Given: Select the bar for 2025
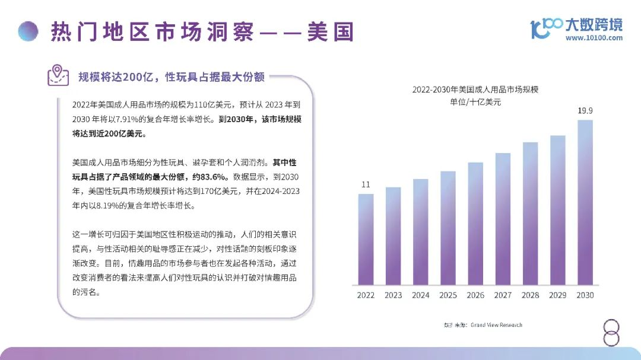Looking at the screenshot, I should coord(448,228).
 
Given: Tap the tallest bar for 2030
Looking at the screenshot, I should coord(585,202).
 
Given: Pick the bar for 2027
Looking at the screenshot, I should coord(503,219).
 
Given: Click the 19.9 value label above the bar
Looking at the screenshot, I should coord(585,111).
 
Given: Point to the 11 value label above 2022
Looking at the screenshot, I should coord(366,184).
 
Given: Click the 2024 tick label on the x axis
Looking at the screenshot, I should coord(421,295).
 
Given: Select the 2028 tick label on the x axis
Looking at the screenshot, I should coord(530,295).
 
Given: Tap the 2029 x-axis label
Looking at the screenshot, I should coord(557,295).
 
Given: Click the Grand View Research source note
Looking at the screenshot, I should coord(496,325).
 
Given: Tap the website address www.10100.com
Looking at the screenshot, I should coord(594,38).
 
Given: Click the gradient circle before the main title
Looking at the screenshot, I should coord(28,31).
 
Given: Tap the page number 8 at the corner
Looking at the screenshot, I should coord(611,333).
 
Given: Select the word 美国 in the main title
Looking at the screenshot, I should coord(330,31).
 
